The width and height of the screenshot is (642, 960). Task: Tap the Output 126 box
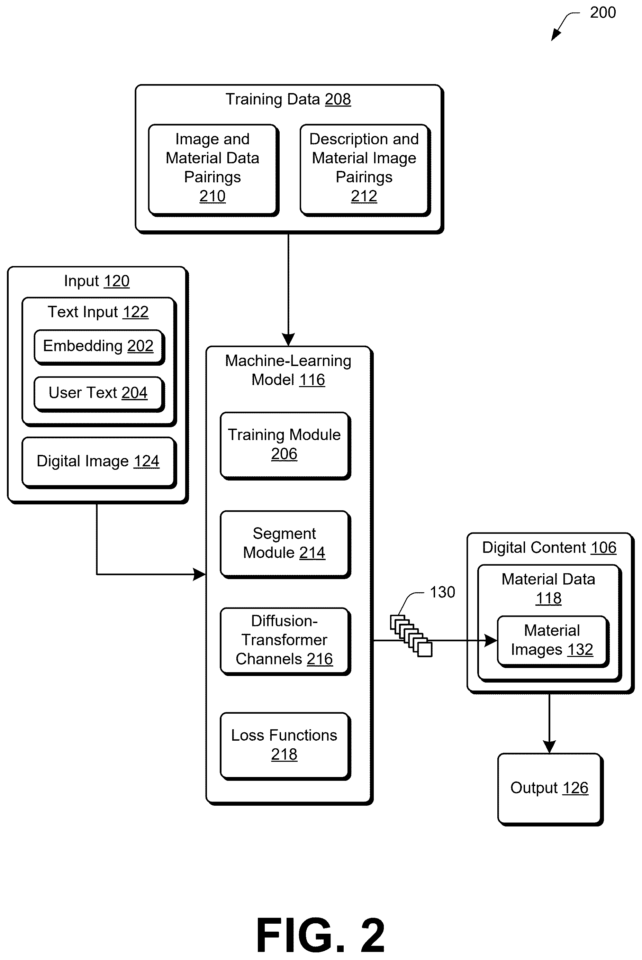click(550, 789)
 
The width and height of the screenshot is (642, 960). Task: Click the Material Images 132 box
click(553, 642)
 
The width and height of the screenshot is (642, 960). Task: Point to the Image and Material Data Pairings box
click(213, 170)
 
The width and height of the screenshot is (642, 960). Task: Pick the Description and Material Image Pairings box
click(365, 170)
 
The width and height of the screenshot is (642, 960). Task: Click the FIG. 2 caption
click(320, 935)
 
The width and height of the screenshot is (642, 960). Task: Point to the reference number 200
click(603, 13)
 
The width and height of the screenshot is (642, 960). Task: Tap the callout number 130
click(442, 592)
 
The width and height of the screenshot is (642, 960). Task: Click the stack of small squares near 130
click(411, 636)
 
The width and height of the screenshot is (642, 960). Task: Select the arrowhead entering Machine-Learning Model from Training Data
click(288, 340)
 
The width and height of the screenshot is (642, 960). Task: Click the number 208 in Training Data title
click(338, 99)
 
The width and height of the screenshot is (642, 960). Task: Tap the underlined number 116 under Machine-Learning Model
click(312, 380)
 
